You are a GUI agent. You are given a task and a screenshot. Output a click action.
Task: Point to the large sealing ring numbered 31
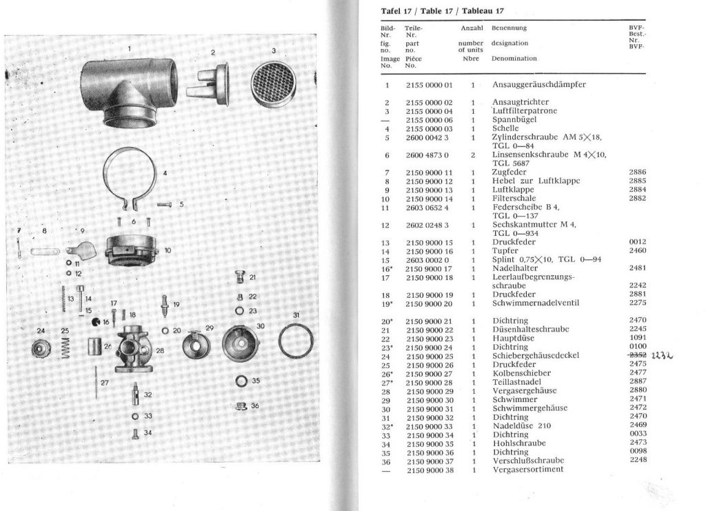(295, 342)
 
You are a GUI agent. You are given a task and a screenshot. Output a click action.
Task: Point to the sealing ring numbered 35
(241, 381)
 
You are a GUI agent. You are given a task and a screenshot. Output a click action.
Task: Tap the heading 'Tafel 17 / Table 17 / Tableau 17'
(442, 11)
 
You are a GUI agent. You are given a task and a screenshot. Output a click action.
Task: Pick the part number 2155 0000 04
(428, 111)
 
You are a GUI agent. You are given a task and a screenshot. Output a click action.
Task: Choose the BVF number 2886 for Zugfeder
(638, 172)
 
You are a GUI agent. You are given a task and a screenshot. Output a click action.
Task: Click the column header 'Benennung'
(509, 28)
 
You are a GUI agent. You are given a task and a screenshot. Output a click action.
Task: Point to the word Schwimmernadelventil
(536, 303)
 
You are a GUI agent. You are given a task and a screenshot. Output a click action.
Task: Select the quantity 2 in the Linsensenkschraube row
(472, 154)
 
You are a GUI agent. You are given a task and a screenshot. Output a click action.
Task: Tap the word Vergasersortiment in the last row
(527, 470)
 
